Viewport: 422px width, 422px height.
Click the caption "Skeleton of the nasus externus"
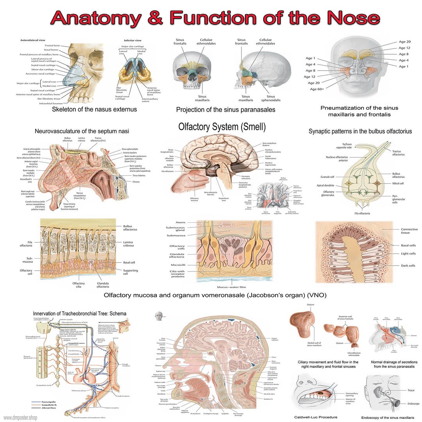click(94, 109)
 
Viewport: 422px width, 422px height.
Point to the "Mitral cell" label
click(398, 183)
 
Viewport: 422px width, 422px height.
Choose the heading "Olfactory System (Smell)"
click(222, 127)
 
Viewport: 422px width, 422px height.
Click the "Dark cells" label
click(408, 266)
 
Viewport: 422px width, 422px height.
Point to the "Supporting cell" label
click(131, 272)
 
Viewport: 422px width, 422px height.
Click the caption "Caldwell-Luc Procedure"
click(316, 417)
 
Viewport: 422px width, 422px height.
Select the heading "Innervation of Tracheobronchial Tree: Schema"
click(80, 313)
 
